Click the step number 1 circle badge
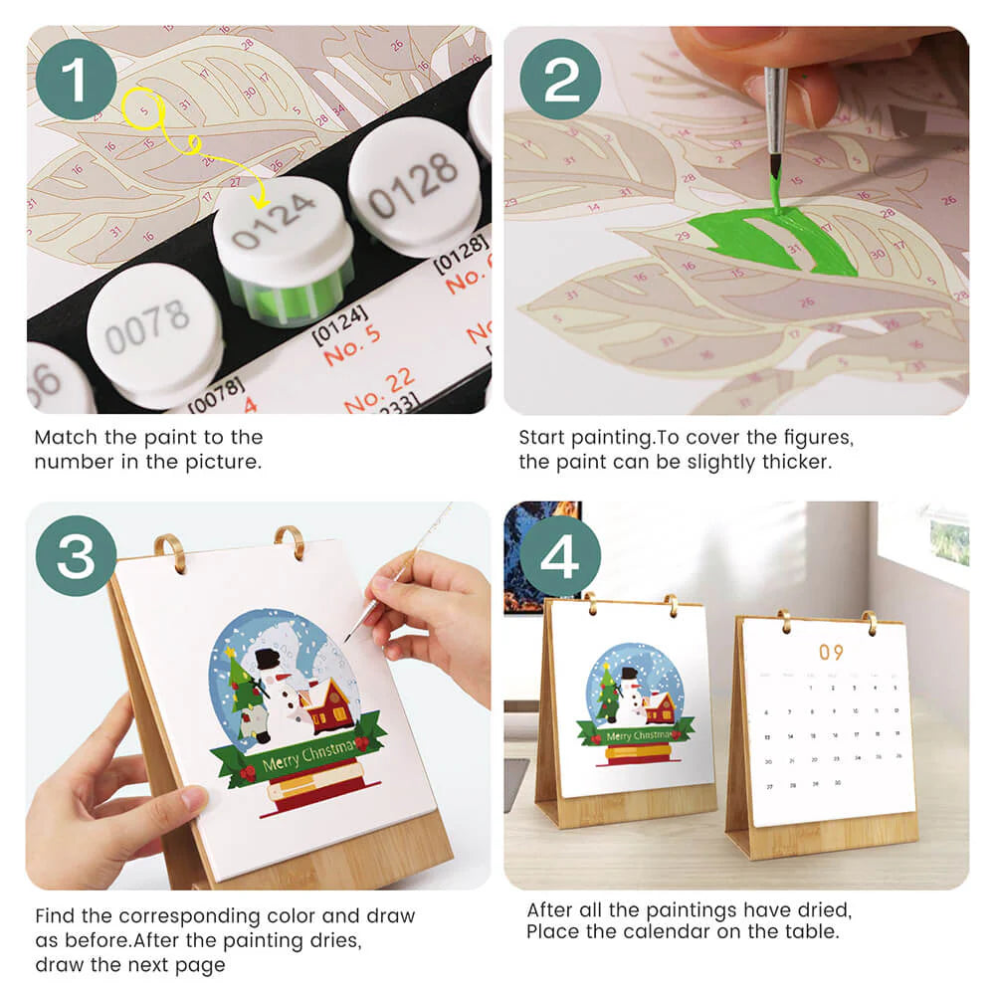[x=76, y=79]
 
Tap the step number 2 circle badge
[x=560, y=79]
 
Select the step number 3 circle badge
[x=76, y=556]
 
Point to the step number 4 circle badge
[x=560, y=556]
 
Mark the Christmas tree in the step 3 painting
[x=241, y=687]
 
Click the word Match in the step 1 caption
[x=62, y=437]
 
